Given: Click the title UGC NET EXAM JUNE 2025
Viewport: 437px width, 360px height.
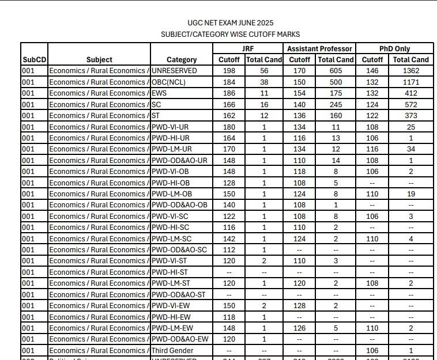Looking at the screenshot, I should tap(230, 23).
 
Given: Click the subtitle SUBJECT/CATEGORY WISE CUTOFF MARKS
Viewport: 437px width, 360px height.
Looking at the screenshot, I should tap(230, 35).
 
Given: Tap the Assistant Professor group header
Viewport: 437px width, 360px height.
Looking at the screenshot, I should tap(320, 48).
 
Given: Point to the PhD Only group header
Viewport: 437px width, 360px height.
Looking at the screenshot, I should tap(395, 48).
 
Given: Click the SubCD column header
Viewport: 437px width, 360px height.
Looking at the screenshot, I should tap(34, 59).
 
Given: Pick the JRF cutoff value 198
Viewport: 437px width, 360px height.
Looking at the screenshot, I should tap(229, 71).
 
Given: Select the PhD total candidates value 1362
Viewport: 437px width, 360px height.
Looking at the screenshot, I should tap(411, 71).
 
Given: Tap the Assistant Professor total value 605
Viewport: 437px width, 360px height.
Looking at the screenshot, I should tap(336, 71).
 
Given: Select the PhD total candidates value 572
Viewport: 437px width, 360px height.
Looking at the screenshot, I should tap(411, 104).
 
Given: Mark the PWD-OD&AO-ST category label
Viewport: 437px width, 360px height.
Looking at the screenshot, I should tap(179, 294).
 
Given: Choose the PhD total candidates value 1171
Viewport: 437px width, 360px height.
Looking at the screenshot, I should tap(411, 82).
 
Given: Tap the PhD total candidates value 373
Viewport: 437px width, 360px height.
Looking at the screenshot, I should tap(411, 116).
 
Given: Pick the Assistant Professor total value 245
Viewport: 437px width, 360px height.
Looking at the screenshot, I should tap(336, 104).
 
